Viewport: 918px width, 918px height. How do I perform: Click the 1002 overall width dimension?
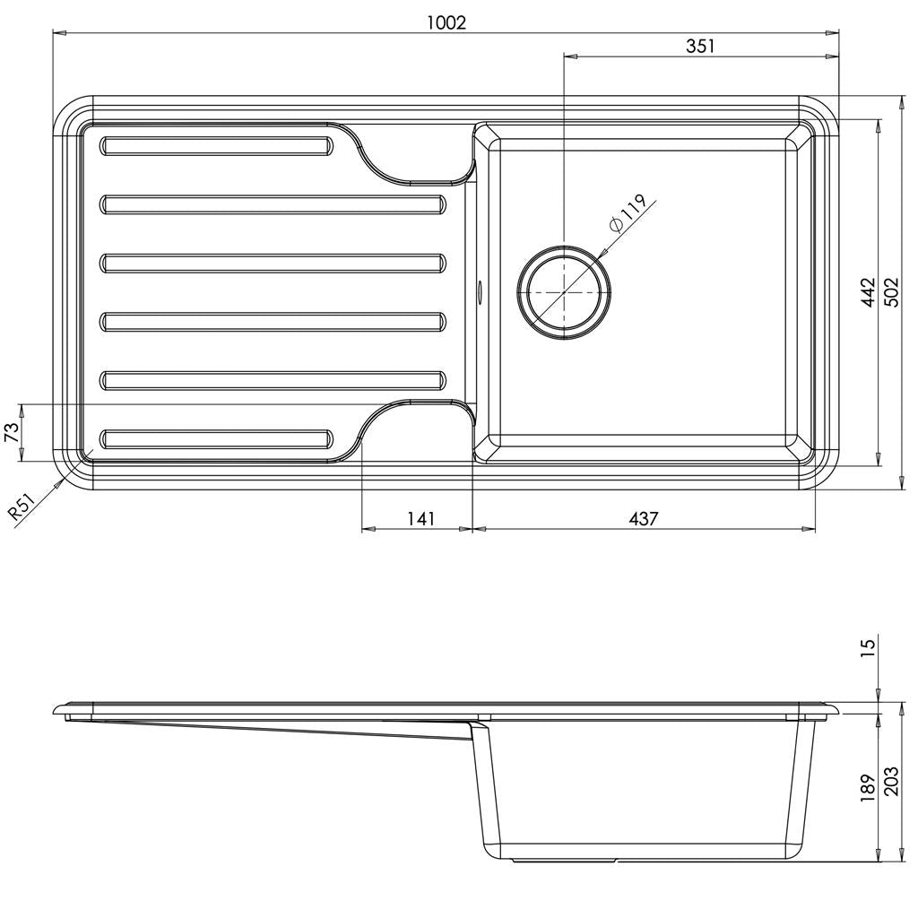(x=446, y=22)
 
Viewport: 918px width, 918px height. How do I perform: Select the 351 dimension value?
(x=700, y=46)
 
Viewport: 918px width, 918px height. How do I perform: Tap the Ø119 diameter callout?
(x=628, y=215)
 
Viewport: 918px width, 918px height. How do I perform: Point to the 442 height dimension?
(x=868, y=292)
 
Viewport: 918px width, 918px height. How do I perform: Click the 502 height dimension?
(x=891, y=292)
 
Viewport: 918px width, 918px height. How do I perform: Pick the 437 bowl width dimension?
(x=643, y=518)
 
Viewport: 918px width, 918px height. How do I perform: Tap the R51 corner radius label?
(x=23, y=507)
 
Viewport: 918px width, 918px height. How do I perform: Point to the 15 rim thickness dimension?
(x=868, y=647)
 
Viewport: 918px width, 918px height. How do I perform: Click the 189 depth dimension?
(x=868, y=788)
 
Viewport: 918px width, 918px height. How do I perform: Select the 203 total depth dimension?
(x=891, y=788)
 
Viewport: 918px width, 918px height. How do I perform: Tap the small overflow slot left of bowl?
(x=480, y=290)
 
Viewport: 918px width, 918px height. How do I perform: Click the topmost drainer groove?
(x=216, y=146)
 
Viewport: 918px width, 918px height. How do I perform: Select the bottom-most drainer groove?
(x=216, y=438)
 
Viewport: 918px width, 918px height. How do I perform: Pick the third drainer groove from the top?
(x=273, y=263)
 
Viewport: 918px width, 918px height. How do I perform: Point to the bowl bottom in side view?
(x=645, y=856)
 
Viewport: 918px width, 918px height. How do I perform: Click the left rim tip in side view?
(x=60, y=712)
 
